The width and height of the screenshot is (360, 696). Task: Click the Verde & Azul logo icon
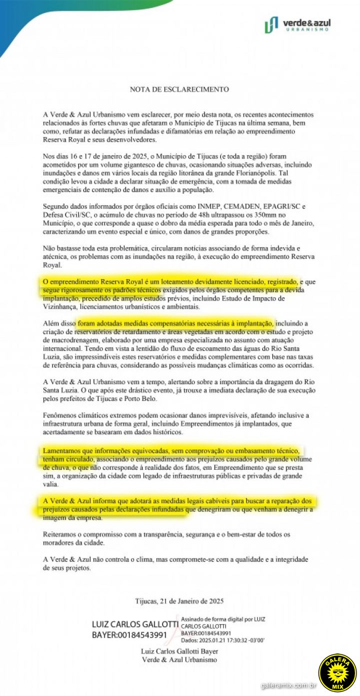click(271, 25)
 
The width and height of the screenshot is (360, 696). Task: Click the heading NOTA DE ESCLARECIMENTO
click(179, 90)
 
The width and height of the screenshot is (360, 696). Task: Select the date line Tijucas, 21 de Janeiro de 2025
click(179, 601)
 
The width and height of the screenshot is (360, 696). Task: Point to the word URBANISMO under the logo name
click(311, 30)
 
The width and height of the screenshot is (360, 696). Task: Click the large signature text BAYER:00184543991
click(129, 635)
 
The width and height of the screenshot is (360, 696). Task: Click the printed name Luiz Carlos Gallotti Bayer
click(179, 651)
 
